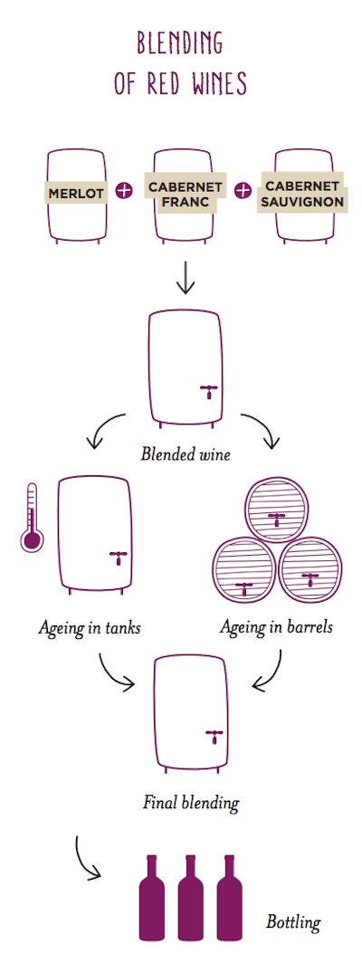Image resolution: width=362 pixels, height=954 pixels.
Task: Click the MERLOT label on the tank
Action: pyautogui.click(x=76, y=193)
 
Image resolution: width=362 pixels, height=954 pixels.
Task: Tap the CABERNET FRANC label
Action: pyautogui.click(x=183, y=193)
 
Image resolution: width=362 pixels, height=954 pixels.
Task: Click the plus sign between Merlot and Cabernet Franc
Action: pyautogui.click(x=123, y=191)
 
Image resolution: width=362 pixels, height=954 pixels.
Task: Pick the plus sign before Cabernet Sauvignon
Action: pyautogui.click(x=243, y=191)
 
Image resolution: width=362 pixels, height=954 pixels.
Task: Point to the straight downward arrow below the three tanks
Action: pyautogui.click(x=185, y=279)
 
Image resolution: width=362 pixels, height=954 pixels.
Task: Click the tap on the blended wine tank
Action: pyautogui.click(x=209, y=391)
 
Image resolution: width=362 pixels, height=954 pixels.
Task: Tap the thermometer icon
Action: pyautogui.click(x=31, y=518)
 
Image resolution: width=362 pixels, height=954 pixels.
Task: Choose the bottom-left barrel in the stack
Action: pyautogui.click(x=244, y=569)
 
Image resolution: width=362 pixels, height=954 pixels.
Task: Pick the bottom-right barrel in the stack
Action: pyautogui.click(x=310, y=569)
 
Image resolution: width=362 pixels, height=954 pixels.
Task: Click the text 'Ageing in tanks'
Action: pyautogui.click(x=90, y=627)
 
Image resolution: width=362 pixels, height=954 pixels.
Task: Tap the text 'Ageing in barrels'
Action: pyautogui.click(x=276, y=626)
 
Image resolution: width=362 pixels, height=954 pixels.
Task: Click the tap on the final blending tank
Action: pyautogui.click(x=214, y=735)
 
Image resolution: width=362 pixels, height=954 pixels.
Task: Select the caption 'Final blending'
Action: pyautogui.click(x=191, y=803)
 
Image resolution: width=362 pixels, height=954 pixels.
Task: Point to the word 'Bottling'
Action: pyautogui.click(x=293, y=922)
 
